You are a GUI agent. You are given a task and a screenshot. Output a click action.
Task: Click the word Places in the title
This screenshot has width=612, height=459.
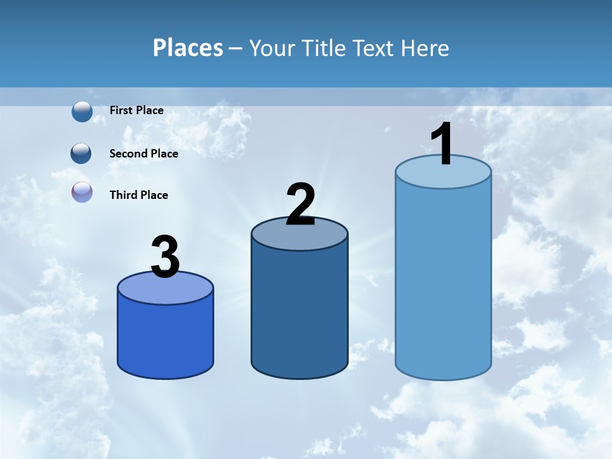tap(188, 48)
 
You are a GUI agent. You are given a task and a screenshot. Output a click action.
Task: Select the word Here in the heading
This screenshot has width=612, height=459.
tap(425, 48)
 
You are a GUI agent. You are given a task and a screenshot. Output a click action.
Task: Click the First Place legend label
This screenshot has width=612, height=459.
tap(136, 110)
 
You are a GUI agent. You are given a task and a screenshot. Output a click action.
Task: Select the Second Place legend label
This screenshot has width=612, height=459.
tap(143, 154)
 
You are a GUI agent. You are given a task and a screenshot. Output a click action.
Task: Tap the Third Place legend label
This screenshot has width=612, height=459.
tap(138, 195)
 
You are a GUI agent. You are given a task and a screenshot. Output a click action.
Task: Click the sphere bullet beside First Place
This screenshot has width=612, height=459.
tap(82, 112)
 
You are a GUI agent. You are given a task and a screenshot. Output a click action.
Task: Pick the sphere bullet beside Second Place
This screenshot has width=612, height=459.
tap(81, 154)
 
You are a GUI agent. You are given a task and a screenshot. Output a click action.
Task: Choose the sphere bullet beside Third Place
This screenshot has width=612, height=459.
tap(82, 192)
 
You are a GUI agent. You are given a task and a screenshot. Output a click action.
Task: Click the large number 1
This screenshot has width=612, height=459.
tap(441, 145)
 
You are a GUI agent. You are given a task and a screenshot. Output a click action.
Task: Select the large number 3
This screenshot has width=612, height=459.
tap(166, 257)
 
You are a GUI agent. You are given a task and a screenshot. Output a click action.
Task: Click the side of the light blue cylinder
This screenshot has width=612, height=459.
tap(443, 280)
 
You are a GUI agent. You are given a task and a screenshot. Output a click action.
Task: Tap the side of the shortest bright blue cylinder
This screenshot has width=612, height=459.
tap(165, 338)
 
